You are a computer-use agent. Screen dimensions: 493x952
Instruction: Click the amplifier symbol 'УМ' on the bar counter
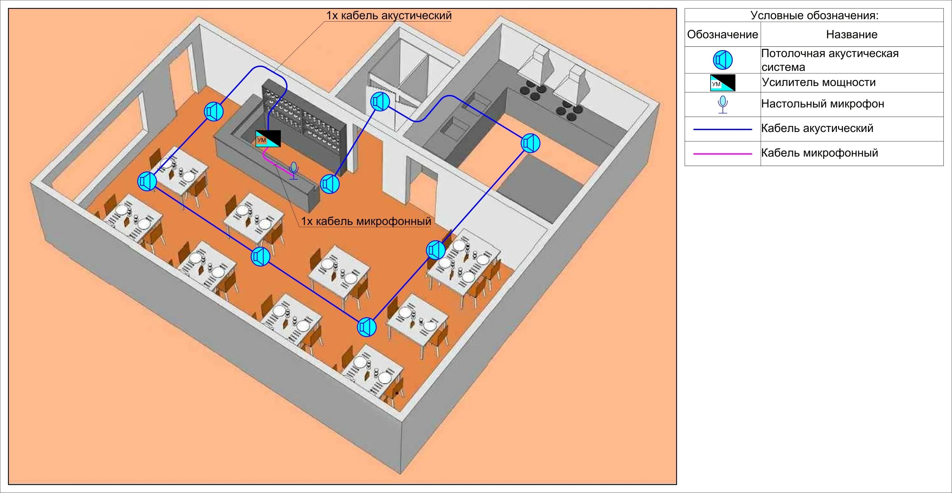click(268, 139)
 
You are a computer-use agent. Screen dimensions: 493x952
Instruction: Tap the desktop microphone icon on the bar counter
click(294, 170)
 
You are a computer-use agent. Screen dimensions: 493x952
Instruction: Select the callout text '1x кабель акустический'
click(388, 16)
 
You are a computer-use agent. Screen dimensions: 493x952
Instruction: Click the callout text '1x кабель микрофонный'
click(366, 221)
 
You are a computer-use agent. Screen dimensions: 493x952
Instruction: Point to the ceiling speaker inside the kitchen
click(530, 143)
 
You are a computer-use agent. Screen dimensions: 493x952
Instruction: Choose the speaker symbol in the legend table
click(723, 60)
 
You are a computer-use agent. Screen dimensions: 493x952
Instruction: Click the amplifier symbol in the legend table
click(723, 83)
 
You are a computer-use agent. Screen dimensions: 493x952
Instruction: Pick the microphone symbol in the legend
click(723, 105)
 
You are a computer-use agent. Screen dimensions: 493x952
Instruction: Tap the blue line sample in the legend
click(723, 129)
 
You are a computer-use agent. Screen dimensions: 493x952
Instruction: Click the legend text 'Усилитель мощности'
click(819, 82)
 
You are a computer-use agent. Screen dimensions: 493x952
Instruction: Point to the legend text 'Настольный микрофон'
click(823, 104)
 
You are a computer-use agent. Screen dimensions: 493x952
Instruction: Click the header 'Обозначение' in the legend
click(723, 34)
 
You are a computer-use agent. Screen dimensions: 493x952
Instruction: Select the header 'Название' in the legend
click(851, 34)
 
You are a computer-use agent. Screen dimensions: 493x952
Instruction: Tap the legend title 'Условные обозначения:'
click(815, 16)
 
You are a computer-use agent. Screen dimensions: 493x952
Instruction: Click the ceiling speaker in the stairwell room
click(380, 101)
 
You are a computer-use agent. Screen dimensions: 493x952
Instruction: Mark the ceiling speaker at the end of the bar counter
click(330, 184)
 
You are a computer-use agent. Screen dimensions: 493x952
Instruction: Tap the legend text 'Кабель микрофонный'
click(819, 153)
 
